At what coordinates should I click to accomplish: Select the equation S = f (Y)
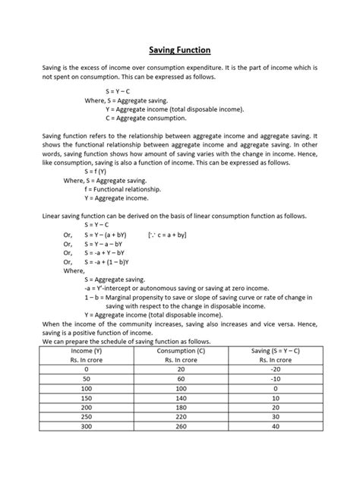pos(101,172)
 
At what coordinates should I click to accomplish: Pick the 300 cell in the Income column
pos(87,427)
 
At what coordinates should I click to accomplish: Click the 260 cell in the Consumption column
pos(180,427)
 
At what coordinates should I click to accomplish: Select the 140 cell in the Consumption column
pos(180,397)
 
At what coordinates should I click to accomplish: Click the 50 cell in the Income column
pos(87,377)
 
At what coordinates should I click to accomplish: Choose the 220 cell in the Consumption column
pos(180,417)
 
